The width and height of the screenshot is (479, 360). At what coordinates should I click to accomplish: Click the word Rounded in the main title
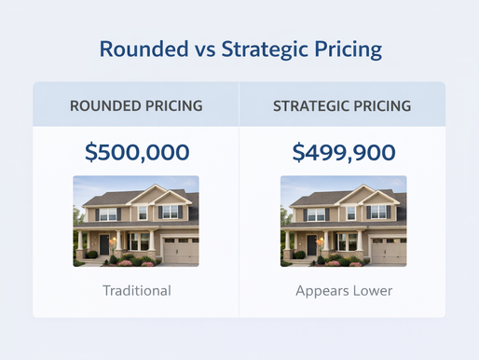coord(142,49)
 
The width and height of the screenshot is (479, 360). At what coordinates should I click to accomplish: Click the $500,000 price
coord(136,151)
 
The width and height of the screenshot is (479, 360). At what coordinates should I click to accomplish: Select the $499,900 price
coord(343,151)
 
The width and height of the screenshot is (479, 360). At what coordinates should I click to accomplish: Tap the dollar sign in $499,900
coord(297,151)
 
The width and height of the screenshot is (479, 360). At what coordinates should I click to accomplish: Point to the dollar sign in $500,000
coord(90,151)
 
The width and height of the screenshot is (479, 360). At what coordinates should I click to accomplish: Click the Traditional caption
coord(136,290)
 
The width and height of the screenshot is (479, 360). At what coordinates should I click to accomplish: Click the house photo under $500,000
coord(136,221)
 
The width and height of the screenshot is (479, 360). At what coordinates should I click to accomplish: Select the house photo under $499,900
coord(343,221)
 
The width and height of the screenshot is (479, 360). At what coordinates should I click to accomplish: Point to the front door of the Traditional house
coord(103,244)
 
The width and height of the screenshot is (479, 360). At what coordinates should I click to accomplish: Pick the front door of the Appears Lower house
coord(310,244)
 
